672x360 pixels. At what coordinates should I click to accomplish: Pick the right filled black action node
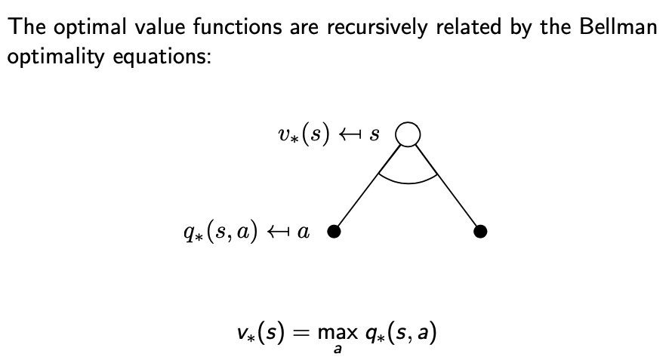479,232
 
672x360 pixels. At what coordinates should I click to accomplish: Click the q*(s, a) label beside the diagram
214,232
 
